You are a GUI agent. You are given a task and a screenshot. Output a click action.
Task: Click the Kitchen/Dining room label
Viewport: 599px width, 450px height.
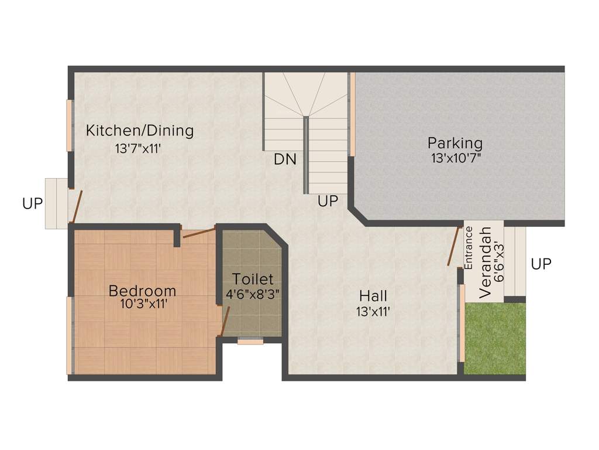(140, 130)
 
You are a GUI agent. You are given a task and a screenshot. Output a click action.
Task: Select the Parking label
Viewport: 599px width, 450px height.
(455, 142)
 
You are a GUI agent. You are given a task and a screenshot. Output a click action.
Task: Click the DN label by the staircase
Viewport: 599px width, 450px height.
(285, 159)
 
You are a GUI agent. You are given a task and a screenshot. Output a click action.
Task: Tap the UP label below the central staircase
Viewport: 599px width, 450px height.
(328, 201)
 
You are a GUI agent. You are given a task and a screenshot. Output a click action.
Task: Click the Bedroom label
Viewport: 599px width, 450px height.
(143, 290)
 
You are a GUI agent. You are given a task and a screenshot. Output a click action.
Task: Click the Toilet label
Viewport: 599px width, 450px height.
(252, 279)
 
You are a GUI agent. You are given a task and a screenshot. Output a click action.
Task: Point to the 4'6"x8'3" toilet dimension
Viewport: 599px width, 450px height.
(253, 294)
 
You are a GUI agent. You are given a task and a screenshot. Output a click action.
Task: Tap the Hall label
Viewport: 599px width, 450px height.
(373, 295)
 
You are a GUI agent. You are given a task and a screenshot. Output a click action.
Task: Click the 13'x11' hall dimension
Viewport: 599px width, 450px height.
(373, 311)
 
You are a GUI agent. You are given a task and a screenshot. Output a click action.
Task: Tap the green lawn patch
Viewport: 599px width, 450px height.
(494, 339)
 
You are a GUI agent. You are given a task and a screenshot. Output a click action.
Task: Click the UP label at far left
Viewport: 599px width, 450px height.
(33, 203)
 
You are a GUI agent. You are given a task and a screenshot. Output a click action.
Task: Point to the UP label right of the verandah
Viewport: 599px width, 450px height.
(541, 264)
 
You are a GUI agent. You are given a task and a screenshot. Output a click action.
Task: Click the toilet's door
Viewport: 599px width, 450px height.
(223, 321)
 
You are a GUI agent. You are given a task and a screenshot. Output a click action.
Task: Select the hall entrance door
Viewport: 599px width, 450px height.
(452, 246)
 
